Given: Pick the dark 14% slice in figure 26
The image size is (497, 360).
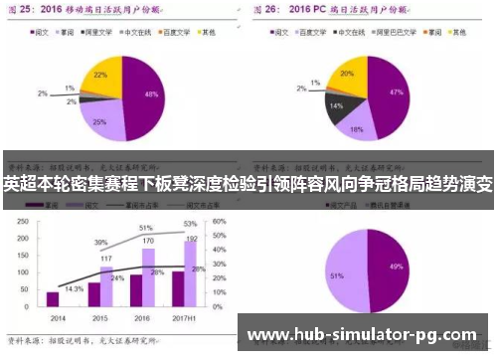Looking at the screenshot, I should [337, 104].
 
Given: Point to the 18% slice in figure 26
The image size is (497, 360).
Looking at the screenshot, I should [356, 125].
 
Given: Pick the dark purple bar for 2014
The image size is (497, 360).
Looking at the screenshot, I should [53, 298].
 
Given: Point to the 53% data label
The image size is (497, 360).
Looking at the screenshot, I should [190, 225].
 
